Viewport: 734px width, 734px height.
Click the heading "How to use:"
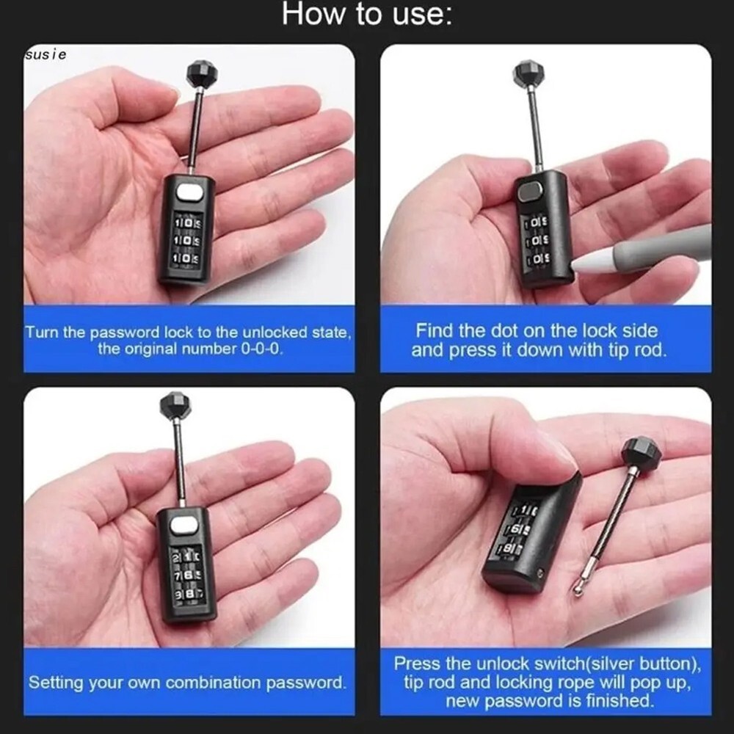[366, 15]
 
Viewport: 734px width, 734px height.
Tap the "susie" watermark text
[46, 54]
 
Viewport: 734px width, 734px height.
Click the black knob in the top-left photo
[200, 73]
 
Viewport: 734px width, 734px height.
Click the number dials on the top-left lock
[186, 239]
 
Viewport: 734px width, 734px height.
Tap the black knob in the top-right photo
[528, 73]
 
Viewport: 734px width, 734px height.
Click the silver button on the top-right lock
[529, 192]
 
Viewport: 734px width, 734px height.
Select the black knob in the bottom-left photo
[175, 404]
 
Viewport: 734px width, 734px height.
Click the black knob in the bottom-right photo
[641, 454]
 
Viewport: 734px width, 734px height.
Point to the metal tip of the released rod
[580, 586]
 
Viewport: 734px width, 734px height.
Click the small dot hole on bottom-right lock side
[541, 573]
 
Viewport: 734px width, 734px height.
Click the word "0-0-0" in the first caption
[262, 349]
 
